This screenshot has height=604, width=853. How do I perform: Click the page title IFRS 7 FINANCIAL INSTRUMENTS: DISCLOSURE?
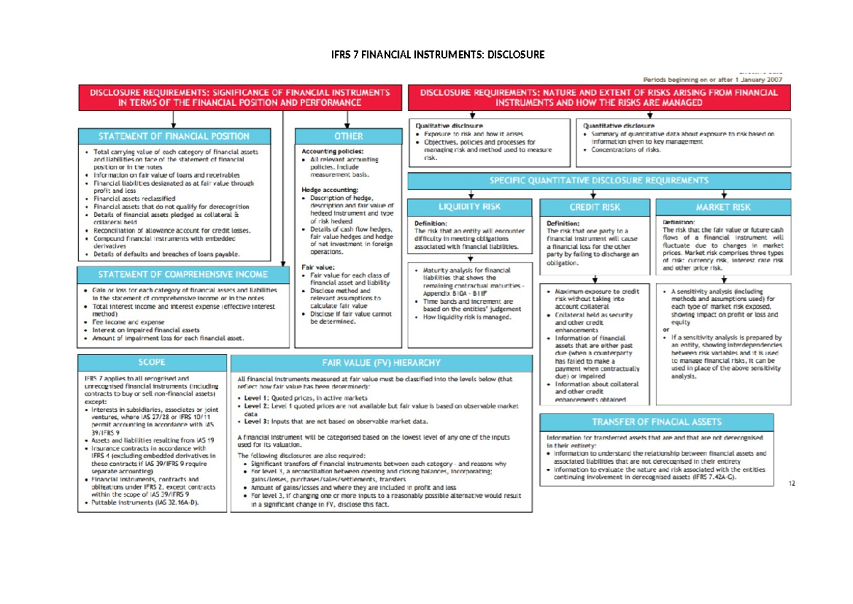pyautogui.click(x=428, y=54)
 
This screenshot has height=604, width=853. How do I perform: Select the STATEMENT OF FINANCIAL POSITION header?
pyautogui.click(x=173, y=136)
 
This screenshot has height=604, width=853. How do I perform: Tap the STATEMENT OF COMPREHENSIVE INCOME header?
pyautogui.click(x=183, y=275)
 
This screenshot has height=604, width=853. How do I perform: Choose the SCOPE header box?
pyautogui.click(x=152, y=362)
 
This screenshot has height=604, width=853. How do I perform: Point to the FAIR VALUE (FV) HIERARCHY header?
pyautogui.click(x=382, y=363)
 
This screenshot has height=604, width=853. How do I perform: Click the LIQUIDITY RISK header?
pyautogui.click(x=469, y=207)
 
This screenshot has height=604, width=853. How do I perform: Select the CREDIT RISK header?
pyautogui.click(x=595, y=207)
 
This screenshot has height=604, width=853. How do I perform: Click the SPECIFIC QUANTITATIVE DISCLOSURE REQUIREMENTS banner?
pyautogui.click(x=599, y=181)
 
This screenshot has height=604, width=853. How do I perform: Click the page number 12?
pyautogui.click(x=792, y=484)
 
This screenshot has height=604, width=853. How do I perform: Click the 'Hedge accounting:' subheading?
pyautogui.click(x=328, y=190)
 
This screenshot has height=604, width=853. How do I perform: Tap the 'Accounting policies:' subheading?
pyautogui.click(x=333, y=152)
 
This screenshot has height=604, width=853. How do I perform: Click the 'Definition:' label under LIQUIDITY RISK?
pyautogui.click(x=431, y=223)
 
